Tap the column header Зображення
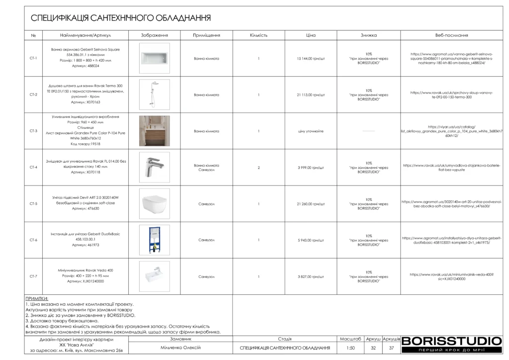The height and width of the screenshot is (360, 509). coord(154,36)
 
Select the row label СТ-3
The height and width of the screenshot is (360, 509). coord(33,131)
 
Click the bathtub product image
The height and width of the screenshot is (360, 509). coord(154,58)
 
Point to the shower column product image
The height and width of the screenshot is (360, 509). coord(154,94)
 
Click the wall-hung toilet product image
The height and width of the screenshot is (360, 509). coord(154,203)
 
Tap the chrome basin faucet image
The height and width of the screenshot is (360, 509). coord(154,167)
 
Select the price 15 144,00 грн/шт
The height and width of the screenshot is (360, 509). coord(311,58)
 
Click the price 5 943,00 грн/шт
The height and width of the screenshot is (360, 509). coord(311,240)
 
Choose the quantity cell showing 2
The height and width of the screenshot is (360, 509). coord(259,168)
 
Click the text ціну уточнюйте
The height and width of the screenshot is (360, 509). coord(311,131)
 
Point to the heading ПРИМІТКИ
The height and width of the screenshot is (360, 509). coord(37,298)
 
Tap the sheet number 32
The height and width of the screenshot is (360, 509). coord(373,348)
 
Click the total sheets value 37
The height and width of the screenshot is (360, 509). coord(392,348)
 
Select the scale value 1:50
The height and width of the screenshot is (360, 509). coord(350,348)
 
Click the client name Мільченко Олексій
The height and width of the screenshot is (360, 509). coord(181,347)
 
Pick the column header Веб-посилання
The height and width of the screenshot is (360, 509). coord(451,36)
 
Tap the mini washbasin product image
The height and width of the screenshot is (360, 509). coord(154,276)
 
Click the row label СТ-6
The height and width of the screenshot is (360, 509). coord(33,240)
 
